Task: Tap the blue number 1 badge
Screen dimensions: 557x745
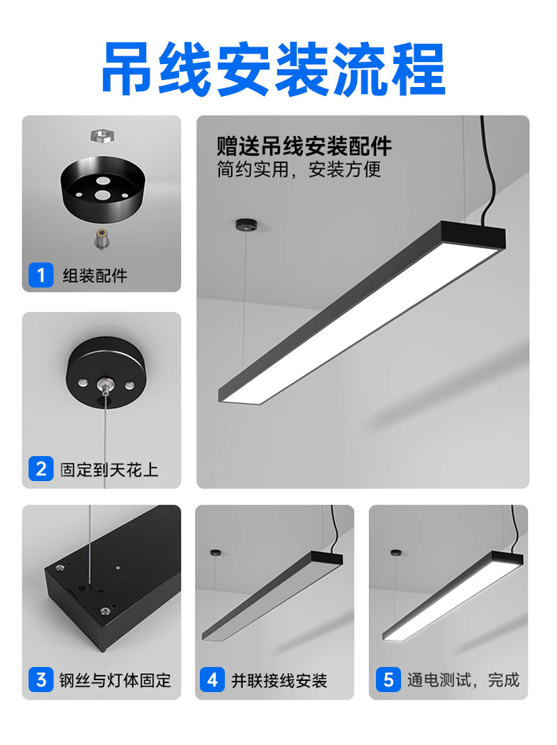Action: tap(41, 275)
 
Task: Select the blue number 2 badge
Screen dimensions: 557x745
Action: tap(41, 469)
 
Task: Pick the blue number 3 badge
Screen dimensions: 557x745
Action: tap(41, 680)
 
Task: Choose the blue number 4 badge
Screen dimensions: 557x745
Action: tap(212, 680)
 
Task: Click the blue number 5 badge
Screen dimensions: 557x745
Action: tap(389, 680)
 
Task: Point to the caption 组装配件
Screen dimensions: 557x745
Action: tap(95, 276)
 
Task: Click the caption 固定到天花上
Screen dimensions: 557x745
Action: tap(109, 469)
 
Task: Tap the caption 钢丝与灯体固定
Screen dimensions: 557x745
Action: tap(115, 680)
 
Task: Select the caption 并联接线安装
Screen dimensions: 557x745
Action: tap(279, 680)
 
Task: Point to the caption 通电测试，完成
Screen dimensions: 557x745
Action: tap(464, 680)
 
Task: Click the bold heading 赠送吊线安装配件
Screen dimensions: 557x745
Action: tap(304, 146)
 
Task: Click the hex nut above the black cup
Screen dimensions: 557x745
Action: tap(102, 136)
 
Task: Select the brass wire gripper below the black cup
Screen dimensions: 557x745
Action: tap(102, 239)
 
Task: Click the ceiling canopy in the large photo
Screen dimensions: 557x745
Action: tap(245, 223)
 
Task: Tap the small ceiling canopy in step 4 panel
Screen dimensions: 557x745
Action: tap(216, 553)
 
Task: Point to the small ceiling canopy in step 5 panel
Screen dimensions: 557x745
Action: tap(396, 553)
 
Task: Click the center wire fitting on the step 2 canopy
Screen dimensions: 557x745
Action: tap(103, 385)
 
